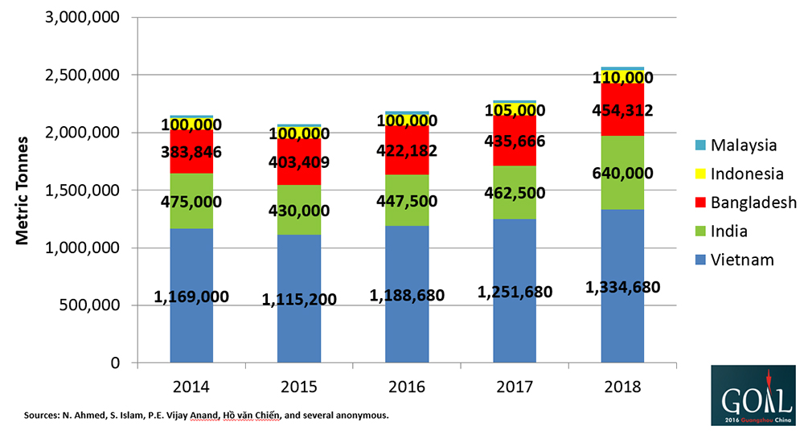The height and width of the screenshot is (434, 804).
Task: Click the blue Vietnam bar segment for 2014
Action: point(191,338)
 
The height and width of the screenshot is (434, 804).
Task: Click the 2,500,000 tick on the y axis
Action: point(84,76)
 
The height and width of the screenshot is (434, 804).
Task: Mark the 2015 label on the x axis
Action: point(298,387)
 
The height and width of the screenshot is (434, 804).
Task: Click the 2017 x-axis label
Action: point(514,387)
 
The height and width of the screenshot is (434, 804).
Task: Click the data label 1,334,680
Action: point(622,289)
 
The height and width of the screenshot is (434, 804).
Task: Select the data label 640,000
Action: point(622,174)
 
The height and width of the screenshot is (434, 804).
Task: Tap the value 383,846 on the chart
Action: point(191,152)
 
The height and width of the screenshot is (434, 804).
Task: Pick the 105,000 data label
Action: point(515,111)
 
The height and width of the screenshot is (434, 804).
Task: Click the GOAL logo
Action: point(753,395)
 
